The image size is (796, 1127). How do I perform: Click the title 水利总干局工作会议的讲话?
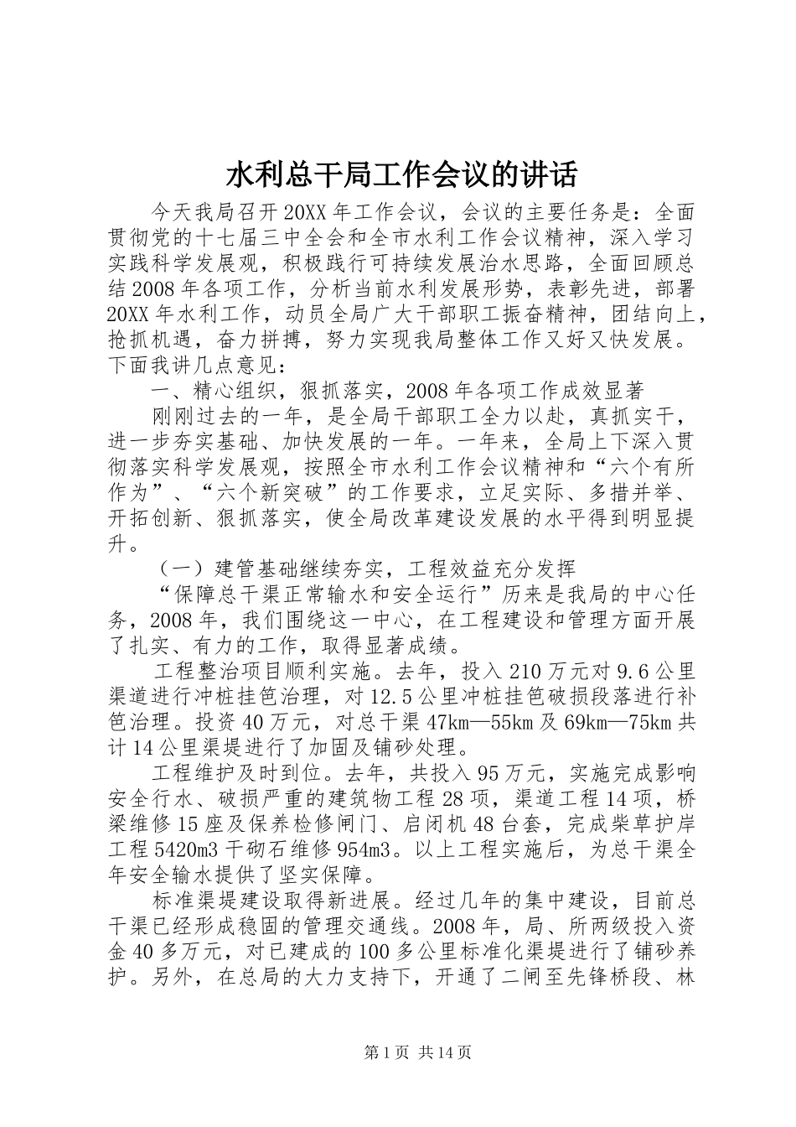[x=401, y=175]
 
